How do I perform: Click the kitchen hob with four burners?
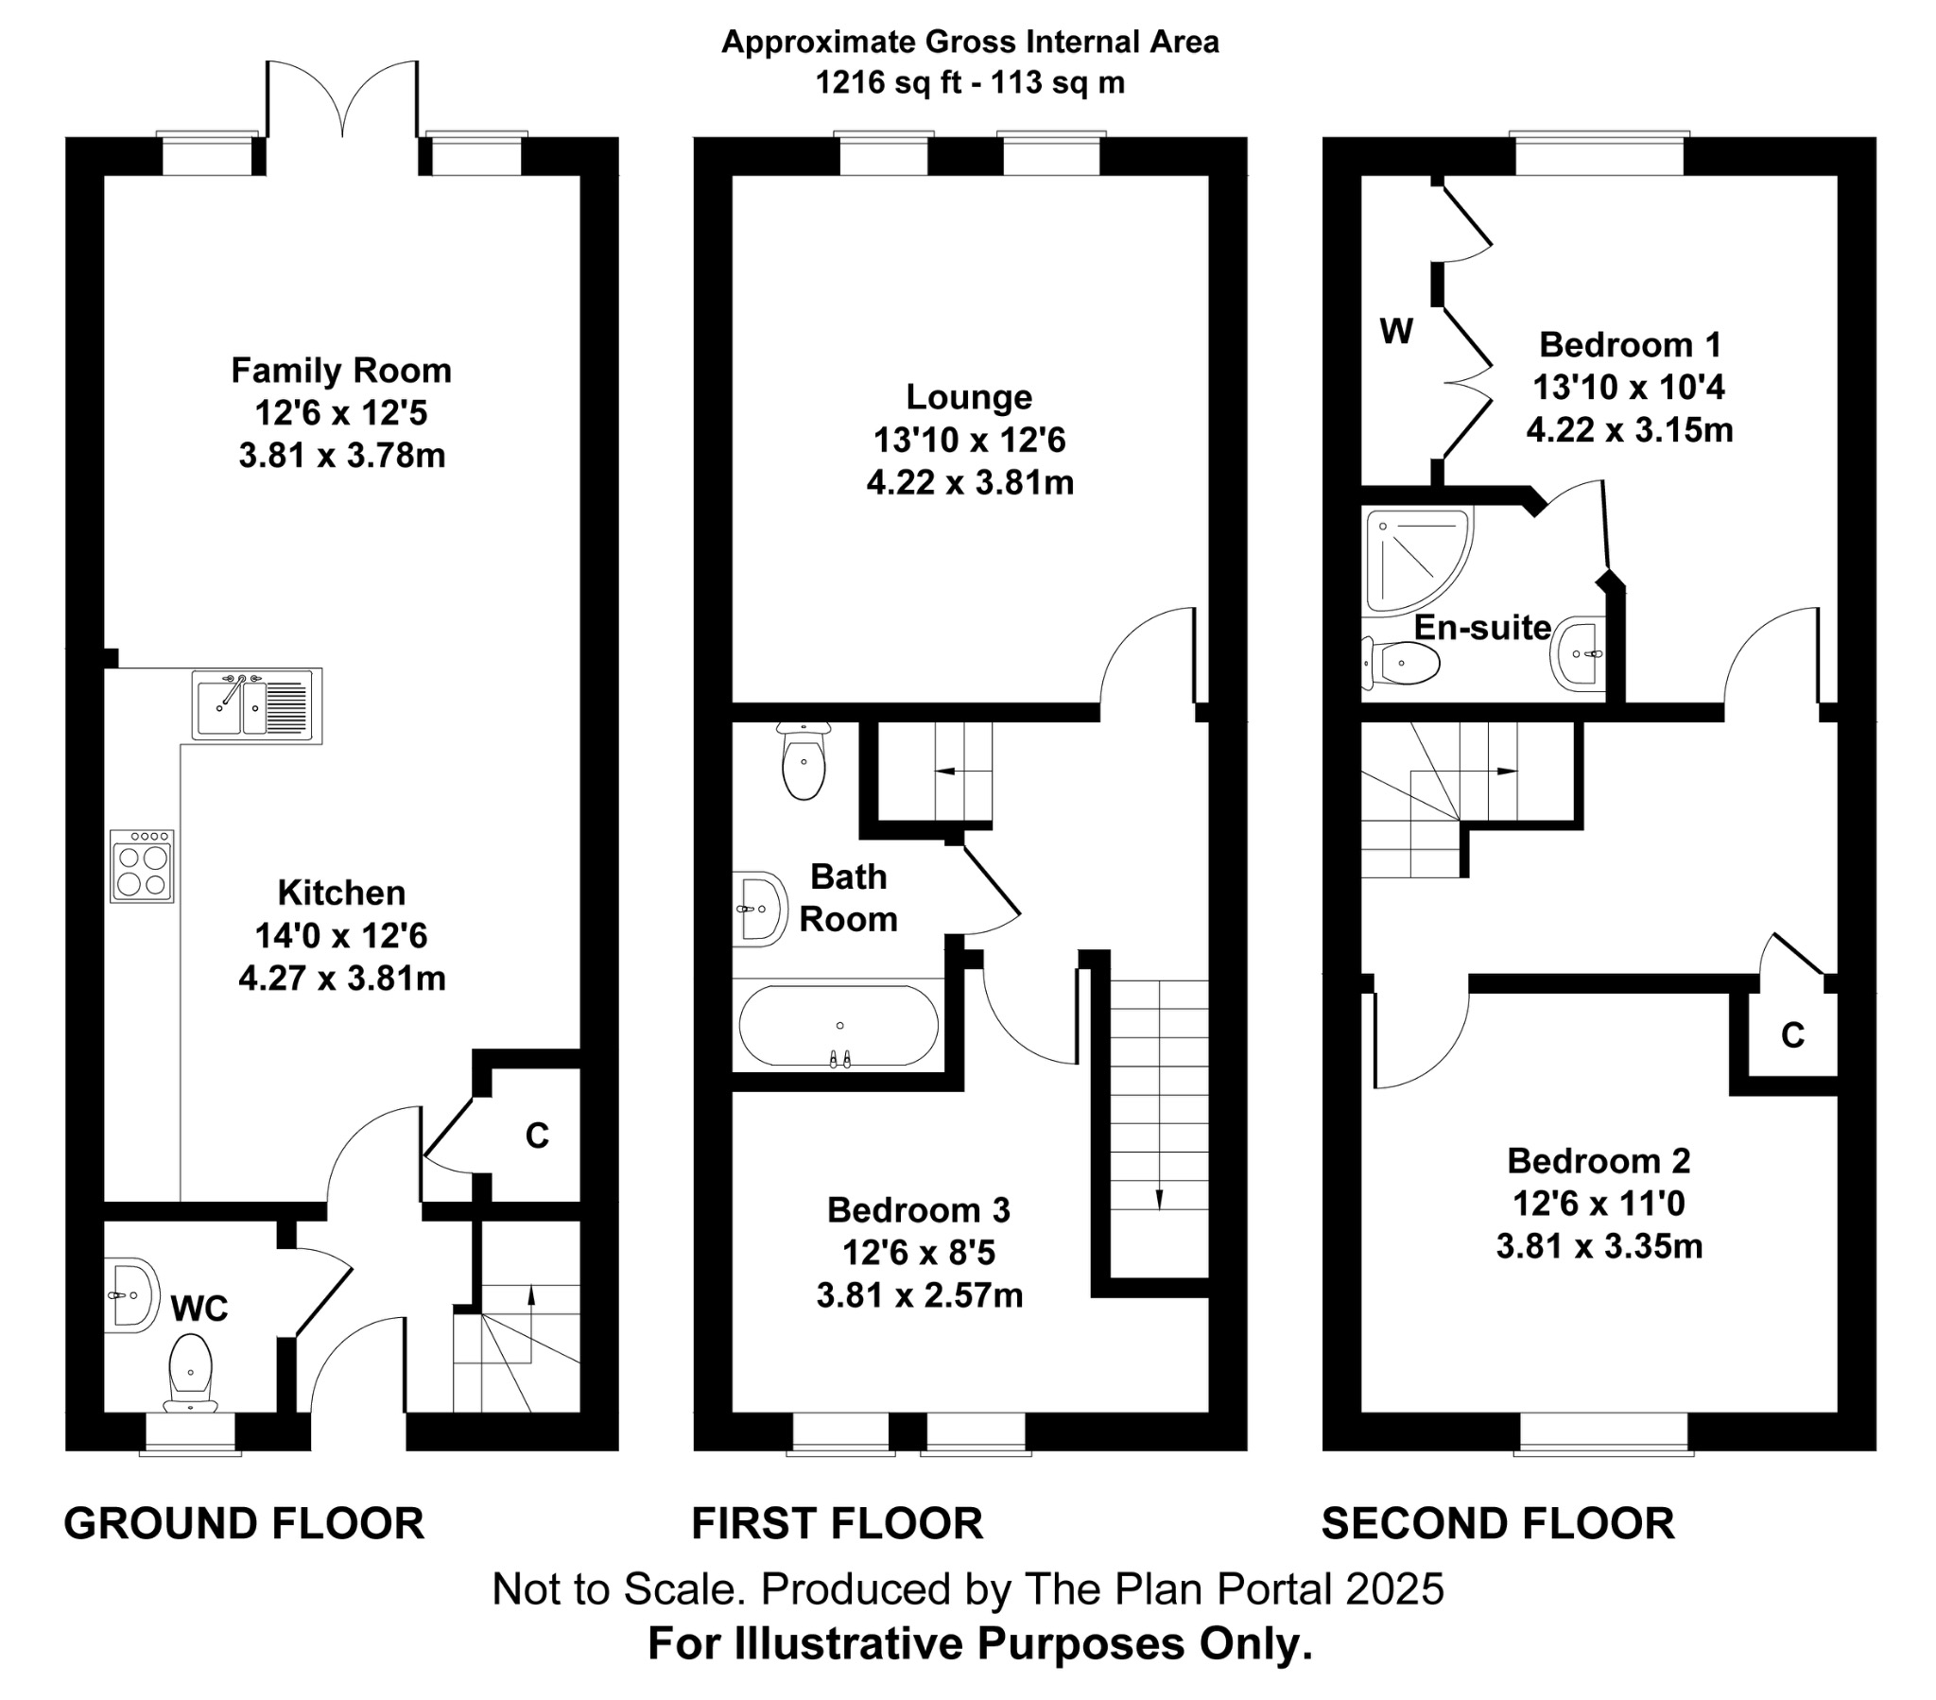(x=142, y=866)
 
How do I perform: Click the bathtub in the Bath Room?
(x=838, y=1026)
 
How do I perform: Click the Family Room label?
(x=341, y=371)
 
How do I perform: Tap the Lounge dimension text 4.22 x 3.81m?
(x=970, y=483)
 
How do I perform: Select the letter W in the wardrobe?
(x=1396, y=332)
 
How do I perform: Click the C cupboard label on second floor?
(x=1792, y=1036)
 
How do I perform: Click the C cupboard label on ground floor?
(x=537, y=1136)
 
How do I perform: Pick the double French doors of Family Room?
(x=342, y=104)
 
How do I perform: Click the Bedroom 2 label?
(x=1599, y=1161)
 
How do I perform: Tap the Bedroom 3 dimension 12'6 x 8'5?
(x=919, y=1254)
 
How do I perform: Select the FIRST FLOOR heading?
(x=838, y=1525)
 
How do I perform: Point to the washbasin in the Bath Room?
(x=760, y=910)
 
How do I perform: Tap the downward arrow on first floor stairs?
(x=1159, y=1197)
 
